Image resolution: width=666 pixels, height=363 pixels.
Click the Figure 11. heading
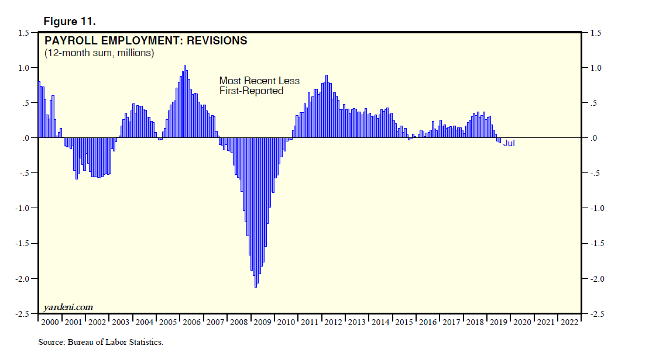(70, 22)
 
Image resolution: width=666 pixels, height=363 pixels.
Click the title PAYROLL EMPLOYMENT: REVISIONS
(146, 41)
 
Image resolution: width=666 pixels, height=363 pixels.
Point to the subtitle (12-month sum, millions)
(99, 53)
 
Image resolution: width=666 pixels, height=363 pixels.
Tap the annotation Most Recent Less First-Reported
(259, 85)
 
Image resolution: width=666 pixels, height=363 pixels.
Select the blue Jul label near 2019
(509, 143)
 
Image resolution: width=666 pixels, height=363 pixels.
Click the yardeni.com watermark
(68, 307)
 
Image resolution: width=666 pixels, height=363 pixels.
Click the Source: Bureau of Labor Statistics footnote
(101, 342)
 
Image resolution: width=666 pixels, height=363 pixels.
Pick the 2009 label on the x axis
(262, 322)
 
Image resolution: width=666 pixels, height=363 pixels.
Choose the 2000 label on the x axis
(50, 322)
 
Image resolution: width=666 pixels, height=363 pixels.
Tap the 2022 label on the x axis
(569, 322)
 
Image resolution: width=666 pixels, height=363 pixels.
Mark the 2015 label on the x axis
(404, 322)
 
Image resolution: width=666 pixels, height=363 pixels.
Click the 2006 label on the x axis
(191, 322)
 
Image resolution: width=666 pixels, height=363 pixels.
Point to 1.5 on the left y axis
(23, 33)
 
